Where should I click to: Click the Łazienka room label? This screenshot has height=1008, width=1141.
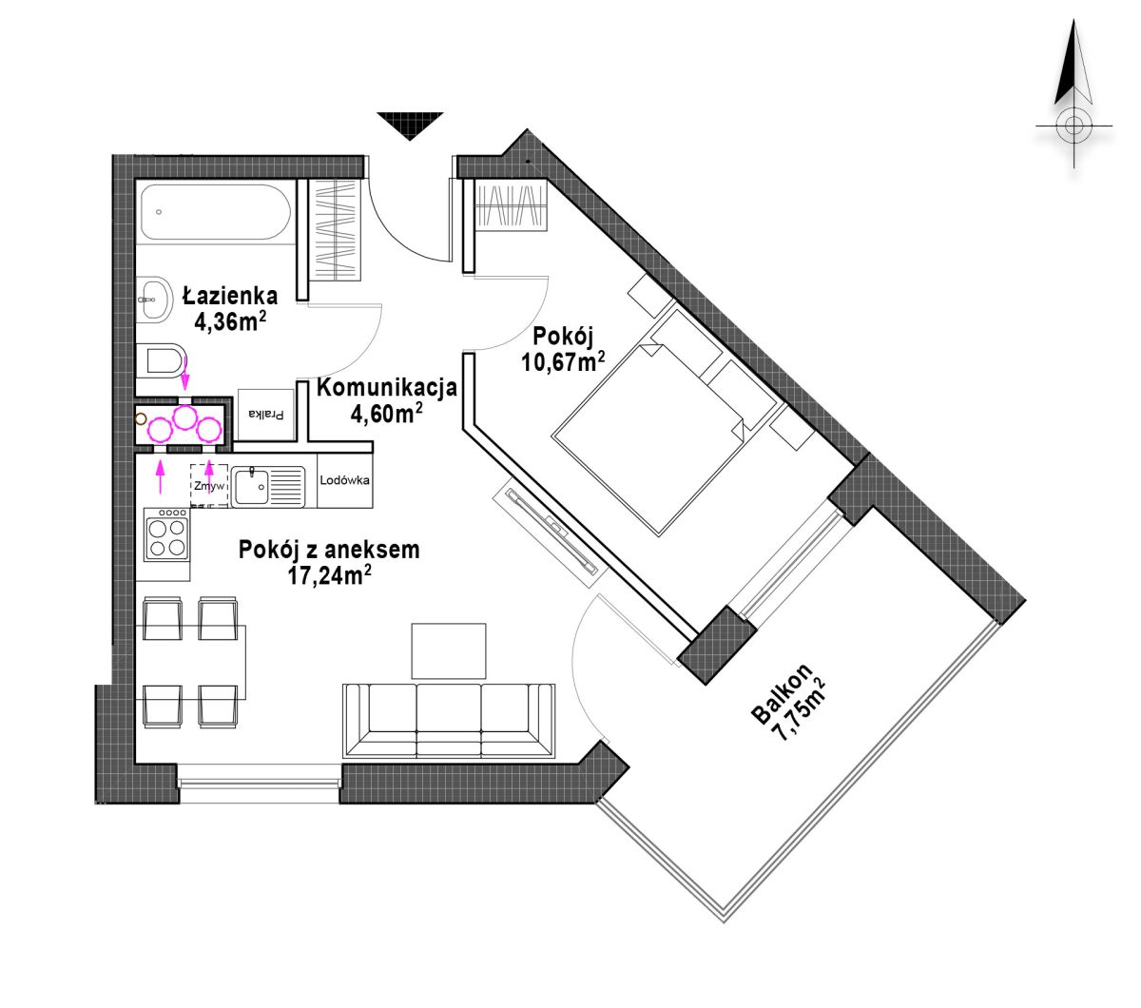click(230, 295)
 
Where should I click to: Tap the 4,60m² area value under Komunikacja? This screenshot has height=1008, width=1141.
click(386, 414)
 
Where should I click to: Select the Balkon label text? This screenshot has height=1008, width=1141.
click(782, 693)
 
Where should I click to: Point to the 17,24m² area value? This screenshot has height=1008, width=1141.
click(329, 576)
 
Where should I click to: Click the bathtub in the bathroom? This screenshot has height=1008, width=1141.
click(215, 212)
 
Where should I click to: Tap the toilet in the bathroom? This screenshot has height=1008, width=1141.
click(161, 359)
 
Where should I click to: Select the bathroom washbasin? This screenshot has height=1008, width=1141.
click(153, 299)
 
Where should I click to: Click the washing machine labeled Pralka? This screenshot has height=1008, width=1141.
click(266, 414)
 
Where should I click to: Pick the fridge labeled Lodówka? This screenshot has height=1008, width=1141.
click(344, 480)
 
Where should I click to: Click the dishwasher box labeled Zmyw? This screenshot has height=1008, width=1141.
click(209, 485)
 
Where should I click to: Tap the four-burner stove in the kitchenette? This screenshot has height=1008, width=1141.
click(166, 534)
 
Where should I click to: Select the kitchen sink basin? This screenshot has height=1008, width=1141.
click(251, 485)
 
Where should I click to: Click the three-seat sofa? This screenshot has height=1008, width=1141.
click(449, 721)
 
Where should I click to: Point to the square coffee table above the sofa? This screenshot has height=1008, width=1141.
click(448, 650)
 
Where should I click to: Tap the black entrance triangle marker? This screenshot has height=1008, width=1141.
click(410, 126)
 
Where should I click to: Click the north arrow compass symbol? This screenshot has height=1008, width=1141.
click(1073, 93)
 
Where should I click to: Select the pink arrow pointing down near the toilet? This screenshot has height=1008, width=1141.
click(184, 373)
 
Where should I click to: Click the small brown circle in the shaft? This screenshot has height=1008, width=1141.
click(141, 418)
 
